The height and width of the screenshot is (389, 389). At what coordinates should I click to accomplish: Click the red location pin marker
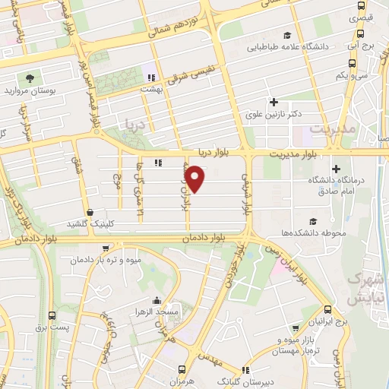[195, 179]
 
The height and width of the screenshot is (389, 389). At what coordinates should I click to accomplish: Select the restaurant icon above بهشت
[151, 77]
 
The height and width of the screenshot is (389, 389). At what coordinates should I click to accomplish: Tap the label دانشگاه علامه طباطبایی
[287, 47]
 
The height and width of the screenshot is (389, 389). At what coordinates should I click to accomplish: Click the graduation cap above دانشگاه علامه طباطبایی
[287, 35]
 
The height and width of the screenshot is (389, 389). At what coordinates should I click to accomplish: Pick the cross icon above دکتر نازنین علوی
[274, 103]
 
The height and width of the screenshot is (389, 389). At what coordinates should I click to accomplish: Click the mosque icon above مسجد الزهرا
[157, 301]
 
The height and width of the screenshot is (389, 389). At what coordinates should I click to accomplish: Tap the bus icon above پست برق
[51, 315]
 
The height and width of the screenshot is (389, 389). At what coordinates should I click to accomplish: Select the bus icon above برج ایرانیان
[327, 309]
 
